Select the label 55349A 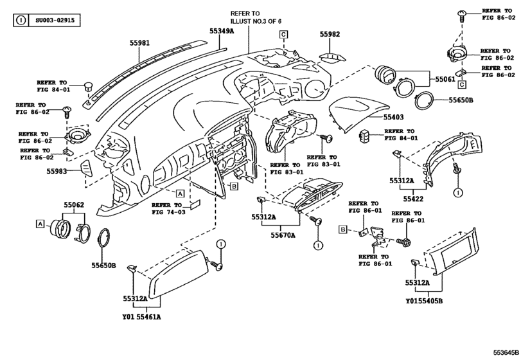coord(222,30)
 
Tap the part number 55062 coord(73,205)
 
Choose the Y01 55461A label coord(141,316)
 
